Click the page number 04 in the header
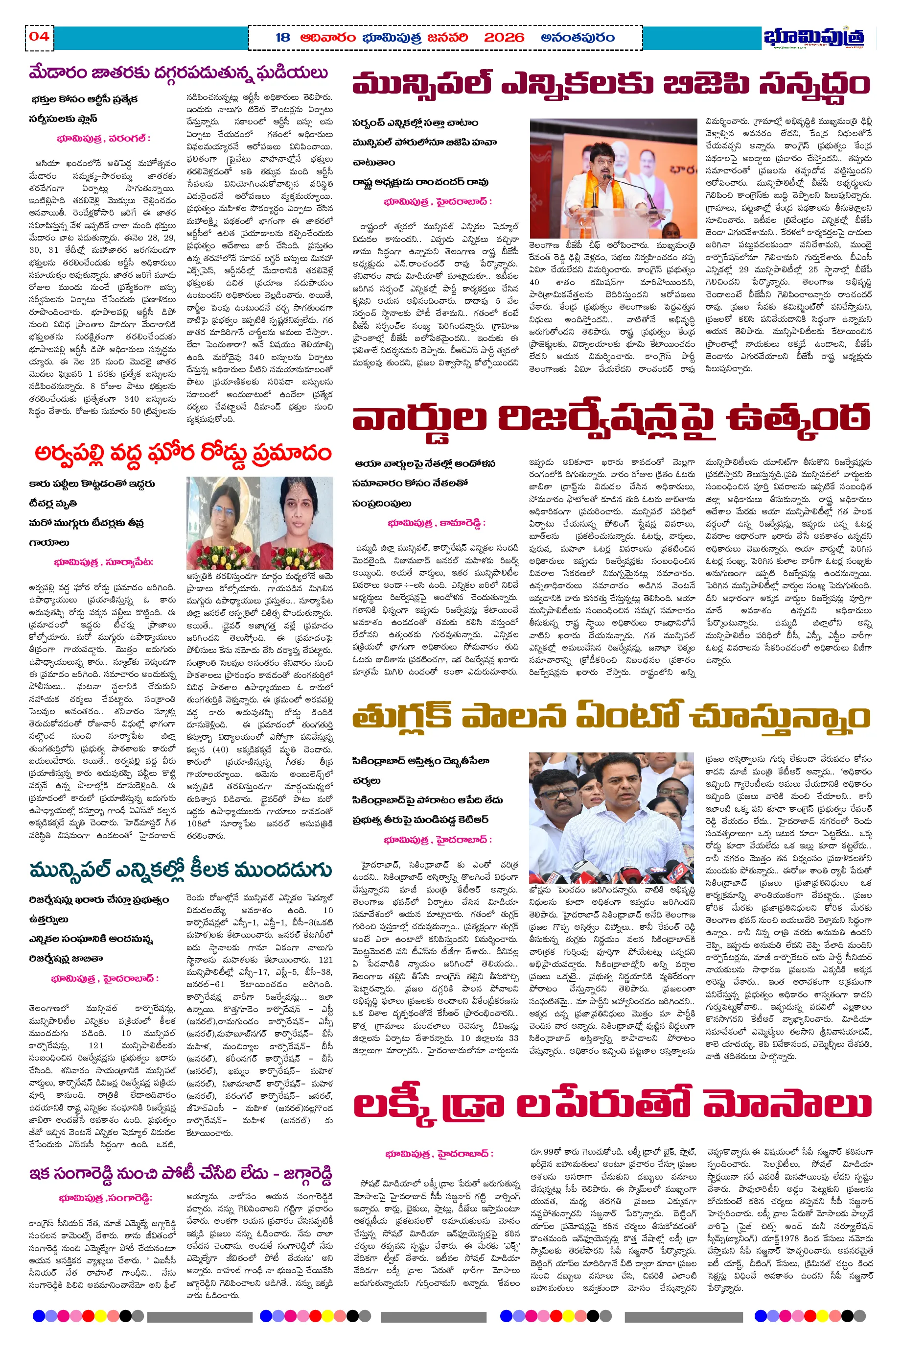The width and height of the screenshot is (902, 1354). coord(39,37)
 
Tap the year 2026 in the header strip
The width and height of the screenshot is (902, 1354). coord(504,38)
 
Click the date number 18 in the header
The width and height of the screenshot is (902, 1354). coord(282,38)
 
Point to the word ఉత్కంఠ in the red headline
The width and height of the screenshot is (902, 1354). coord(798,418)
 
